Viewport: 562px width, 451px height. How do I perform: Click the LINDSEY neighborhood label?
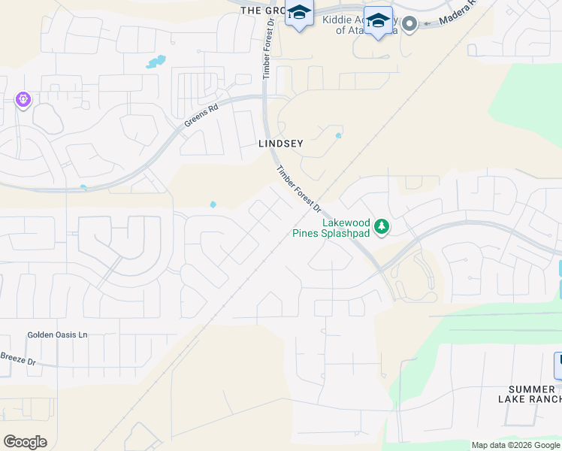coord(281,144)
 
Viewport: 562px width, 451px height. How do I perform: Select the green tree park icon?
coord(382,225)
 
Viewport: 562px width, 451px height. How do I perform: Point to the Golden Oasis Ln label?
coord(57,334)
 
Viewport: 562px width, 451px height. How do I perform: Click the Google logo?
coord(25,441)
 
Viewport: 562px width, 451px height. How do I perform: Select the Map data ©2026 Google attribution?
coord(515,445)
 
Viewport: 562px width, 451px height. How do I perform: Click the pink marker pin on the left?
coord(23,99)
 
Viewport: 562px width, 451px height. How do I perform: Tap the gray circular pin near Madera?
coord(409,24)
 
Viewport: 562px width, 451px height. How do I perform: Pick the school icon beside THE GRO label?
coord(299,14)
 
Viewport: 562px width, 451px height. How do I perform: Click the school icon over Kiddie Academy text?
coord(378,23)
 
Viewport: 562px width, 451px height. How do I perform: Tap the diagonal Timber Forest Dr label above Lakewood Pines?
coord(298,189)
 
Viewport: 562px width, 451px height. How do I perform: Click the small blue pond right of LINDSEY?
coord(338,136)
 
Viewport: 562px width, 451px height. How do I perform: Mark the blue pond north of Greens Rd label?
coord(156,62)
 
